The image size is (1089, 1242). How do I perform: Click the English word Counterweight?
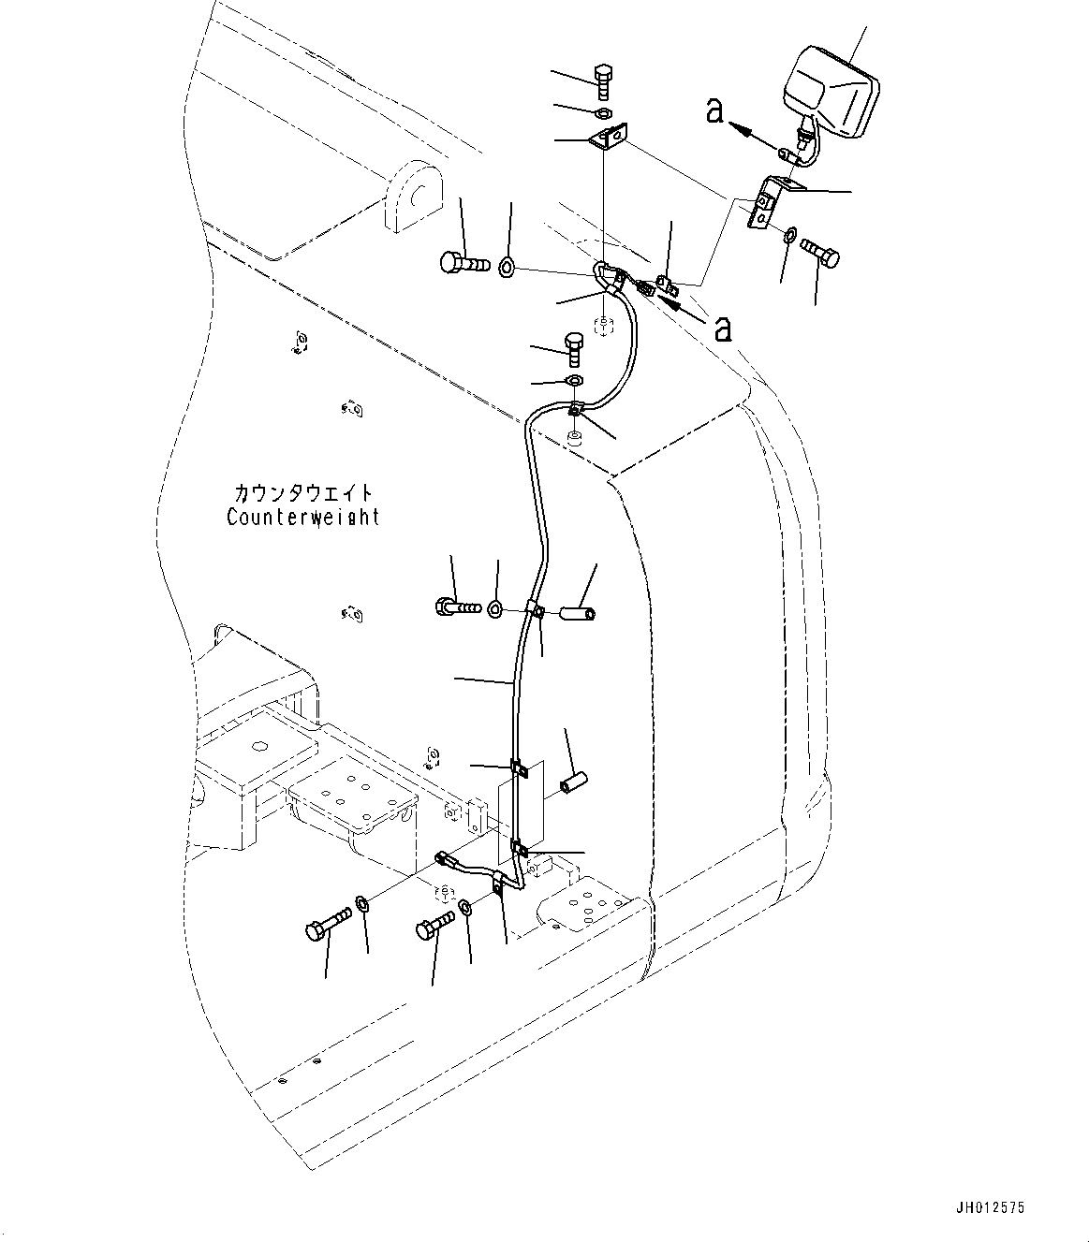[303, 517]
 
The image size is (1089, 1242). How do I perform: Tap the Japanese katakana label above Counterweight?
[303, 493]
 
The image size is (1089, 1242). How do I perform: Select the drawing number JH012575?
[991, 1208]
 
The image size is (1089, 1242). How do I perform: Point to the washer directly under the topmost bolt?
[605, 114]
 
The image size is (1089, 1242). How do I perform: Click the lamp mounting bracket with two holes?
[768, 202]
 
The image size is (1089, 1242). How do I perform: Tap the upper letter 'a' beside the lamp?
[714, 112]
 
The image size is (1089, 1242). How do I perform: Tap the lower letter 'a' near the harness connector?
[722, 329]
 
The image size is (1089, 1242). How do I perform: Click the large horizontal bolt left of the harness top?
[463, 263]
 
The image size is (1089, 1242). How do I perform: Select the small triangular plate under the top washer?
[609, 139]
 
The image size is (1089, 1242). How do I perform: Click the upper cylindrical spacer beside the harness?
[579, 615]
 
